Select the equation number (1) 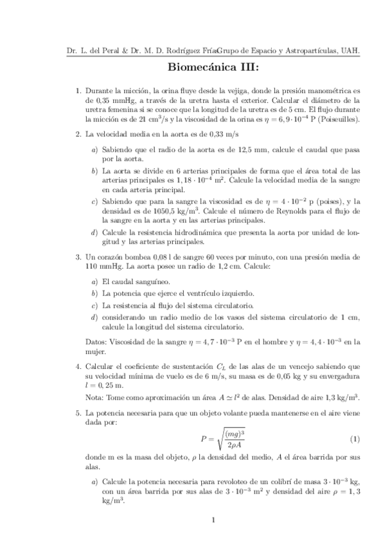pyautogui.click(x=354, y=439)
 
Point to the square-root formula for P pyautogui.click(x=224, y=439)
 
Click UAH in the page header pyautogui.click(x=350, y=51)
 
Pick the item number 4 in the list pyautogui.click(x=78, y=366)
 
